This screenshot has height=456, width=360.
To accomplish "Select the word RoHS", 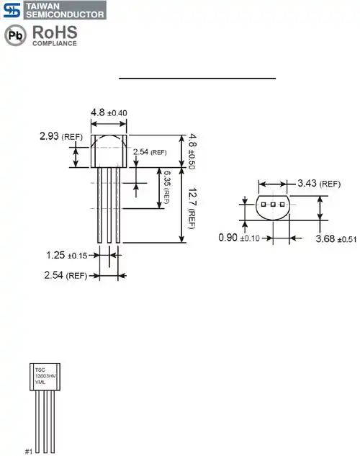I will pos(54,32).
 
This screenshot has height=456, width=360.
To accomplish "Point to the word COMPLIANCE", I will pos(54,44).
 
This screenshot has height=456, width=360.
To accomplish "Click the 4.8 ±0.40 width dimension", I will pos(109,112).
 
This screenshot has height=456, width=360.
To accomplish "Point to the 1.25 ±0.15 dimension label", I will pos(66,254).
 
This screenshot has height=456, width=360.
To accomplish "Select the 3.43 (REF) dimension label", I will pos(318,184).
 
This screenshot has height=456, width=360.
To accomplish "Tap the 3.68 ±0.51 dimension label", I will pos(336,238).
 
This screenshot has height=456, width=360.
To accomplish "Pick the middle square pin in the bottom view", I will pos(274,205).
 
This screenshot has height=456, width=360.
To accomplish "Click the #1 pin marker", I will pos(29,451).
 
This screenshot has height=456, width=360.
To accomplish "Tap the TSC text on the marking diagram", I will pos(41,369).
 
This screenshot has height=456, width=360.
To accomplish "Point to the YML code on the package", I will pos(42,383).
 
